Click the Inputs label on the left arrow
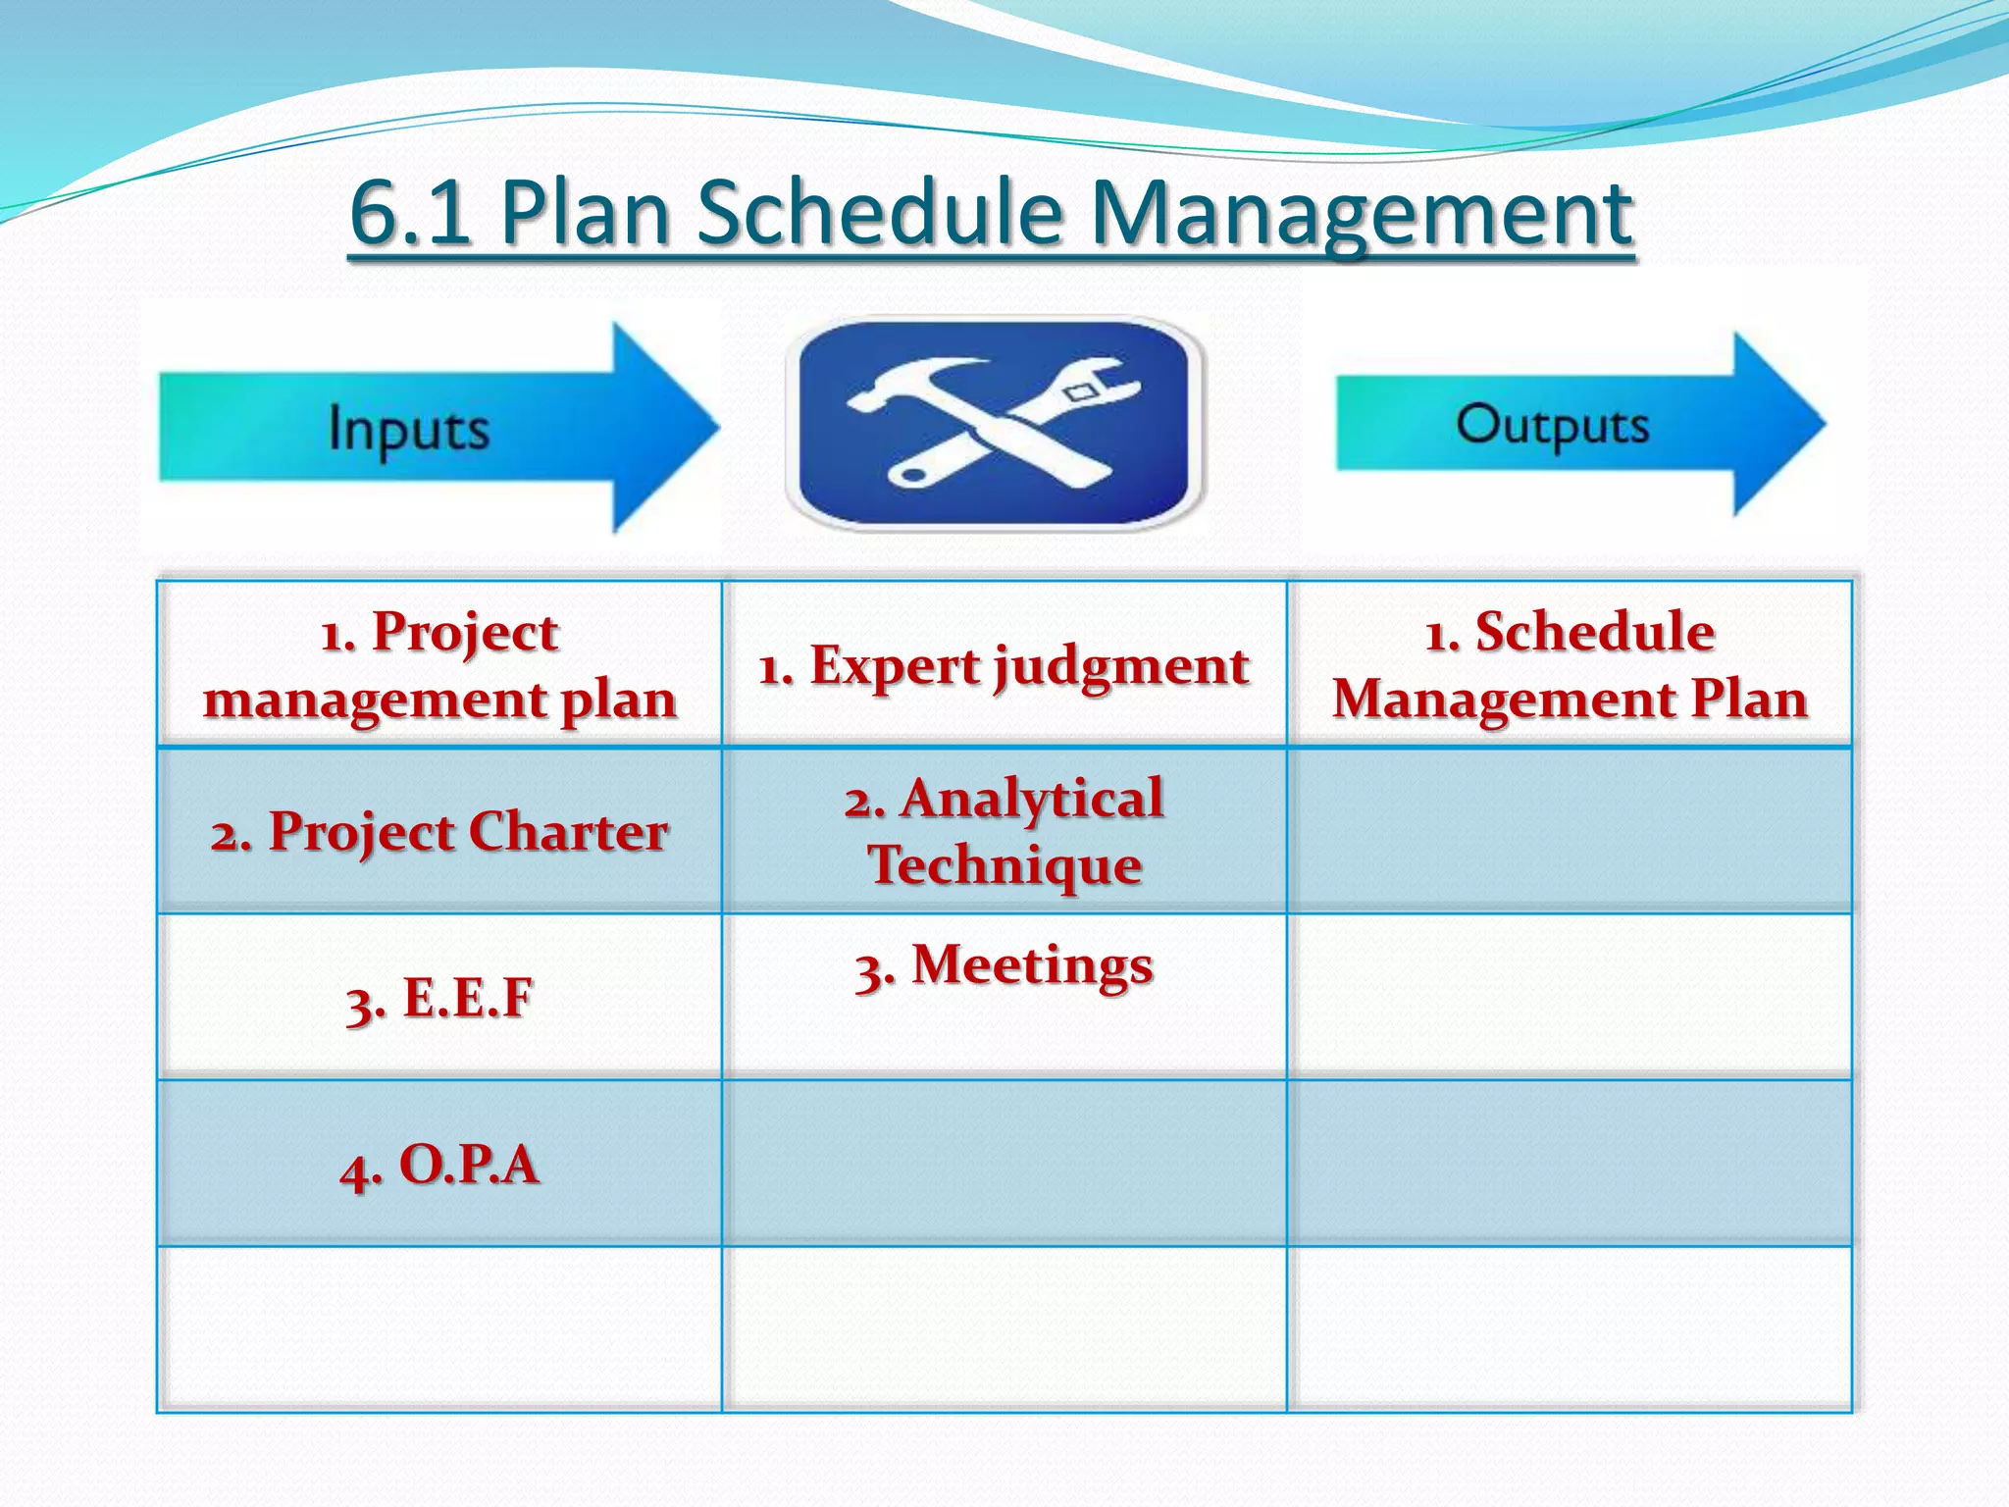click(408, 429)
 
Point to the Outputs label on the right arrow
click(1552, 425)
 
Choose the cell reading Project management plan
click(439, 664)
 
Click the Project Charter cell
click(439, 832)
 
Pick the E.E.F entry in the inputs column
click(439, 999)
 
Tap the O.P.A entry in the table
click(439, 1166)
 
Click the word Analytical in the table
click(1031, 798)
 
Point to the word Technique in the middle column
click(1004, 864)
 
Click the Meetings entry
click(1004, 965)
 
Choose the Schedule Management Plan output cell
click(1570, 664)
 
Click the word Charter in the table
click(568, 832)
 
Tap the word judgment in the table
click(1122, 668)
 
